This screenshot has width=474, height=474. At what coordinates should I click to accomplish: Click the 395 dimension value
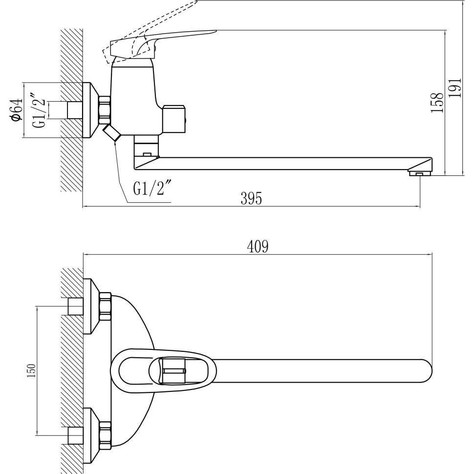click(x=251, y=198)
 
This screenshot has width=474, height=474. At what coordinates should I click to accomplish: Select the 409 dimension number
click(x=258, y=247)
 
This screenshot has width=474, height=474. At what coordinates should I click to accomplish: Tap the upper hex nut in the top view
click(x=105, y=306)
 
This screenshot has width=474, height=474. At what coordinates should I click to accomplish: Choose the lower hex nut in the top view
click(x=105, y=435)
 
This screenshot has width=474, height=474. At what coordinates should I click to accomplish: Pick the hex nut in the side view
click(x=105, y=110)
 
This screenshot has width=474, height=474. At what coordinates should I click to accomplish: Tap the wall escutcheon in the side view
click(x=90, y=110)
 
